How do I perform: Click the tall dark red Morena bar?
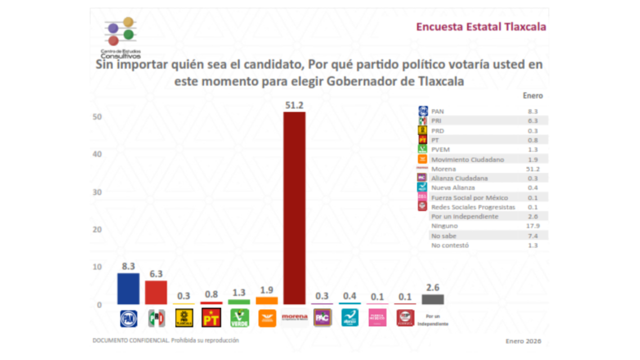tap(294, 207)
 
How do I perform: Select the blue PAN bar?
tap(128, 288)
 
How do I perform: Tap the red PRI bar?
tap(156, 292)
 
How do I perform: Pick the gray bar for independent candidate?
tap(432, 299)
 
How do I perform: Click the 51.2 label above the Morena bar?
tap(294, 105)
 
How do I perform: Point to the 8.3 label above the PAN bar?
tap(128, 266)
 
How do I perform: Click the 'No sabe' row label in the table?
tap(443, 235)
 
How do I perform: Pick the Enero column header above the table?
tap(532, 95)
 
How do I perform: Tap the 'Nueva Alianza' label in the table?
tap(453, 188)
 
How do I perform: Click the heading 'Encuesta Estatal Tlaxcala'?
tap(481, 27)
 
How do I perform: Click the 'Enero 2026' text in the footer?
tap(523, 341)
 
